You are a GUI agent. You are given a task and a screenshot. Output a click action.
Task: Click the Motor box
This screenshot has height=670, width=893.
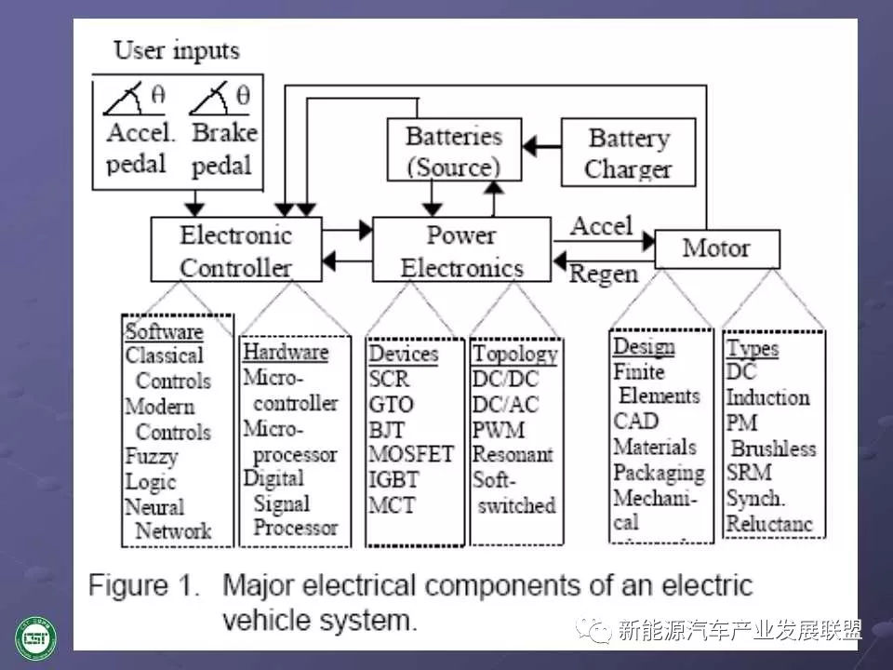click(717, 248)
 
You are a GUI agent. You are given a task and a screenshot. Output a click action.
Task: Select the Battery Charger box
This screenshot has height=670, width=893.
click(629, 154)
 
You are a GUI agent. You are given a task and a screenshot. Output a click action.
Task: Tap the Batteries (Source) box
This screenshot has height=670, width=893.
click(454, 151)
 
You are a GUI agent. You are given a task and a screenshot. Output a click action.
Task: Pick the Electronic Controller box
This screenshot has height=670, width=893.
click(235, 251)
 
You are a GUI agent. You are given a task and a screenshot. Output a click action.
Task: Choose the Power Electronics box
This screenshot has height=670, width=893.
click(461, 251)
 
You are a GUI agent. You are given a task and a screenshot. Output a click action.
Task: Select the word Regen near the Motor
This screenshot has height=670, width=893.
click(604, 274)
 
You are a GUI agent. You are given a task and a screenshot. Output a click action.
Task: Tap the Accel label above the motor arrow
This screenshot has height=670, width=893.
click(601, 226)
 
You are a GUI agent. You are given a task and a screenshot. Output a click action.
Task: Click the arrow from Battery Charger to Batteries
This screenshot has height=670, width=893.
click(542, 146)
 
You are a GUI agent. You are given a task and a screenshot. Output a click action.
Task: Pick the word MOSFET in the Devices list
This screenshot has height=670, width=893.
click(410, 455)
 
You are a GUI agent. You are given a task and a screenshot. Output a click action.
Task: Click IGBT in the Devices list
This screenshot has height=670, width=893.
click(394, 481)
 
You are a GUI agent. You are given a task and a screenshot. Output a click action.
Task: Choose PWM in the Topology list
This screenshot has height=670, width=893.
click(499, 430)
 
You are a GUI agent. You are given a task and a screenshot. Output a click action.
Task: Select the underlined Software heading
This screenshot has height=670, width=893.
click(164, 331)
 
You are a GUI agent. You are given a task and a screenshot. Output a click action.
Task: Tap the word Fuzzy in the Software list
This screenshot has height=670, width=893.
click(151, 457)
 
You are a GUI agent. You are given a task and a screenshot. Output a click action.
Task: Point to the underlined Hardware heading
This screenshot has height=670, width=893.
click(285, 353)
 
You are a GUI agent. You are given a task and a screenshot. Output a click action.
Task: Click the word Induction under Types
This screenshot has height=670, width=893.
click(767, 397)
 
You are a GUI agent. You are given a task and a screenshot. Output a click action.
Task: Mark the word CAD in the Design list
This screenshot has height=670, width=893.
click(635, 421)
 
